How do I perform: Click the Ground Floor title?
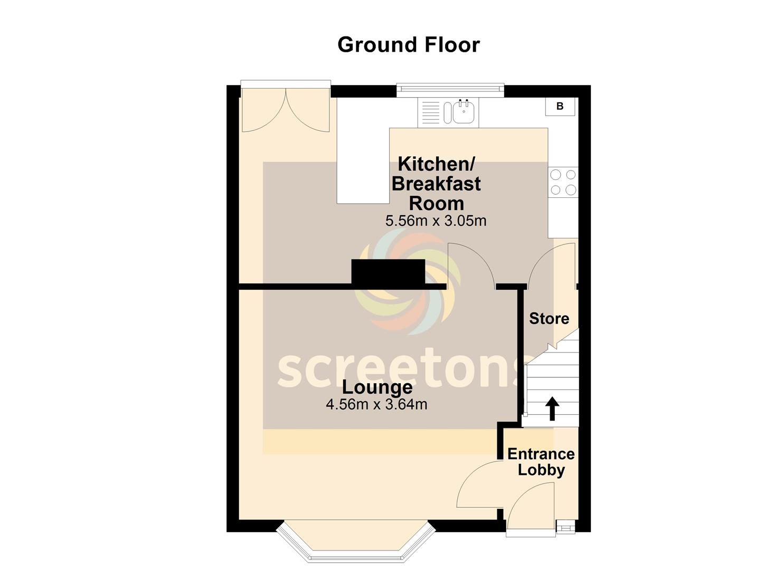click(x=408, y=45)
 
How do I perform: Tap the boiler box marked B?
click(x=560, y=107)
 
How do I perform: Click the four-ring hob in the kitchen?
click(x=563, y=182)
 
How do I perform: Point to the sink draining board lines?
click(x=430, y=112)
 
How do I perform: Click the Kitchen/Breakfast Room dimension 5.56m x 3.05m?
click(x=436, y=221)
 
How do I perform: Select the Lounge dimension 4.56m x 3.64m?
click(x=376, y=404)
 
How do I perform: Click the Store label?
click(x=549, y=318)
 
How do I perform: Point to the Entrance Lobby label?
click(x=541, y=462)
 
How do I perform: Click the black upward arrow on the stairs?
click(x=552, y=408)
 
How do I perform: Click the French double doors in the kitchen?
click(x=286, y=110)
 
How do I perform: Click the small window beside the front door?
click(x=565, y=526)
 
